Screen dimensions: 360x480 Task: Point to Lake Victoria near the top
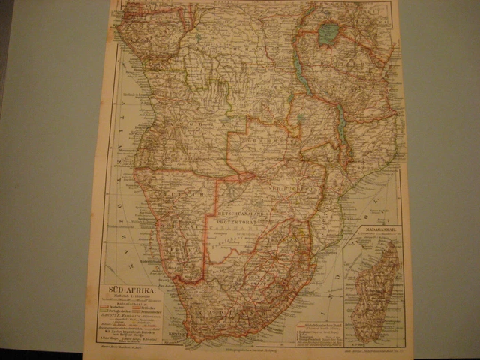pyautogui.click(x=328, y=33)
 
